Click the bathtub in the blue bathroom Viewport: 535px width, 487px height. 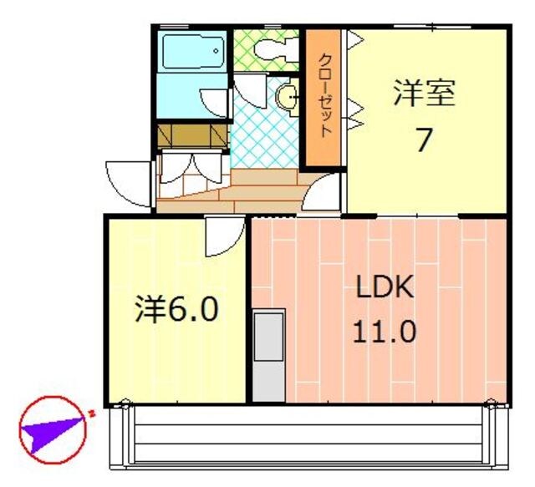[x=192, y=52]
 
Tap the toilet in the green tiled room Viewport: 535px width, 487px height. [x=273, y=50]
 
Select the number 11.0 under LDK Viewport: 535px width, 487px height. [x=384, y=332]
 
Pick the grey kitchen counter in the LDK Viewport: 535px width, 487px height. [x=268, y=355]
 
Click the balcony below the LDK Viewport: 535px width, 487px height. [x=309, y=434]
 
